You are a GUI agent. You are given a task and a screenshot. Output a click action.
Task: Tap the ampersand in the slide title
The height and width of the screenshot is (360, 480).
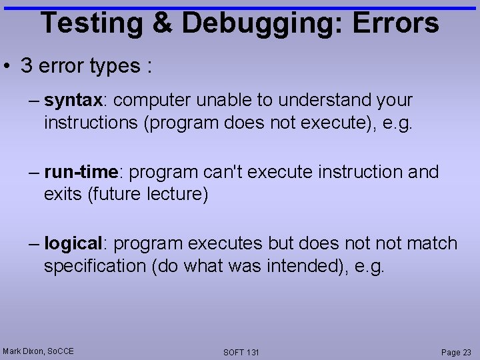pyautogui.click(x=163, y=23)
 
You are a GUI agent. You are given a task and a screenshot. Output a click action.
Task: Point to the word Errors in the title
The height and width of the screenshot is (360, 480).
pyautogui.click(x=395, y=23)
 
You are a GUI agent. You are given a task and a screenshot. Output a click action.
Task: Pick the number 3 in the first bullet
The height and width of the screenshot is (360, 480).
pyautogui.click(x=27, y=66)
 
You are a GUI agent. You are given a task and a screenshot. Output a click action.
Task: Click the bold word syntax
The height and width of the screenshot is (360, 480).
pyautogui.click(x=73, y=101)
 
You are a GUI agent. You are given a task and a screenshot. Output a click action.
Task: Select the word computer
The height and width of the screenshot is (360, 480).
pyautogui.click(x=155, y=101)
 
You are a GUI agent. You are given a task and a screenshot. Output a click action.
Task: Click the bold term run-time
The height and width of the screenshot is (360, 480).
pyautogui.click(x=81, y=173)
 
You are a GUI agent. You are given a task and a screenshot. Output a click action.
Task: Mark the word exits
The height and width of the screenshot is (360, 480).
pyautogui.click(x=61, y=195)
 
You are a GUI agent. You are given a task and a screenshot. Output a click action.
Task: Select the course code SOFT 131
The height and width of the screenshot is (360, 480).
pyautogui.click(x=241, y=352)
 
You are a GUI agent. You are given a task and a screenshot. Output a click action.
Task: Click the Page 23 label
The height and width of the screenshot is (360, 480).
pyautogui.click(x=456, y=352)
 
